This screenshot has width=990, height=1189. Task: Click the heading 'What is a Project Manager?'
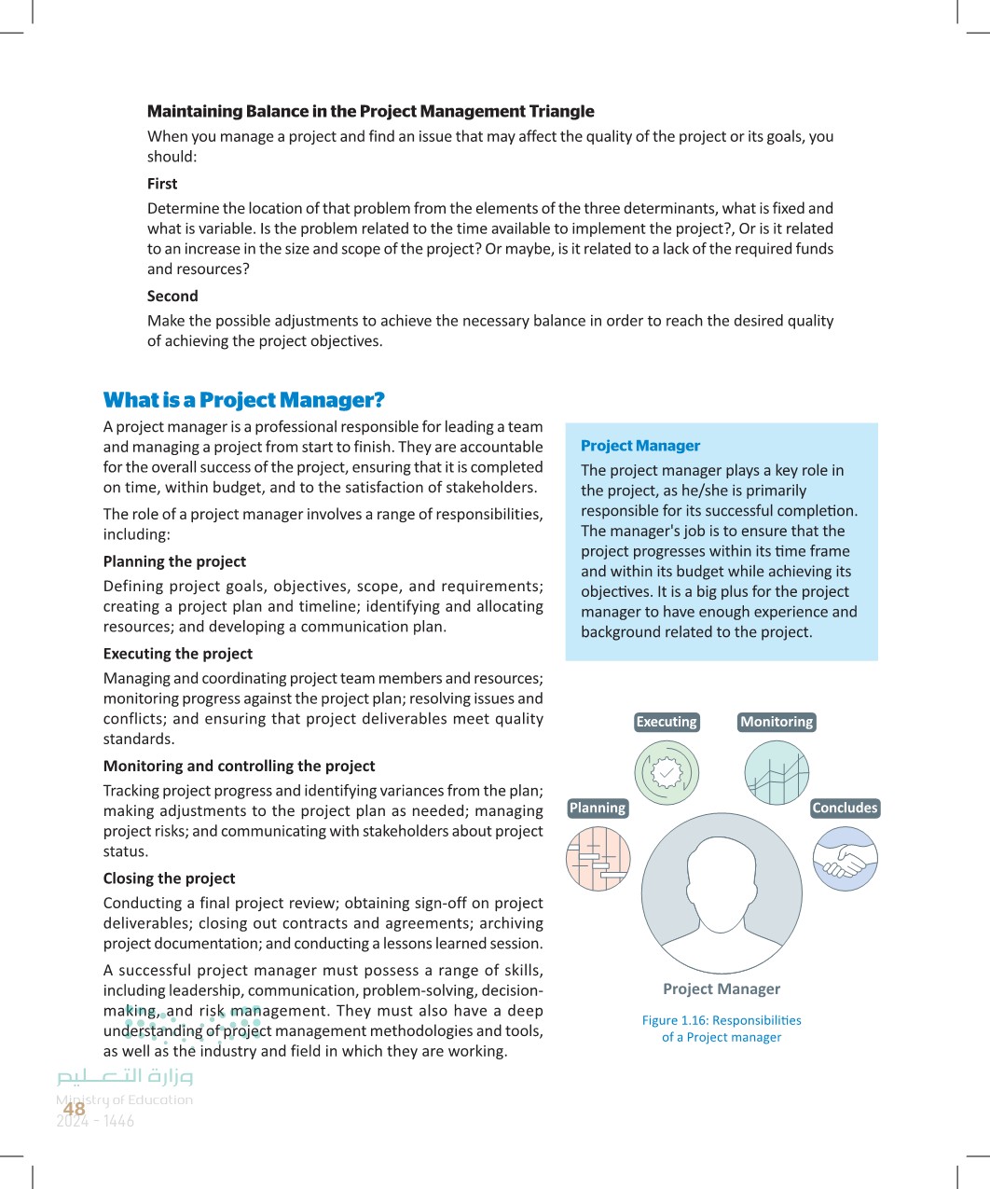click(243, 400)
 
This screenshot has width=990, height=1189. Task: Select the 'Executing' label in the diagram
click(667, 722)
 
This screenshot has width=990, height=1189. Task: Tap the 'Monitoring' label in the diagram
click(777, 722)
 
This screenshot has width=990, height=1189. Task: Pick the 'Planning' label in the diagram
click(598, 808)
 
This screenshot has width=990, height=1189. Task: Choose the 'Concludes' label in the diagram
click(845, 808)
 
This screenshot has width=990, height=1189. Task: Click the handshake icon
click(846, 859)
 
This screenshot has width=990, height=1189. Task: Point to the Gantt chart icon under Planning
click(598, 859)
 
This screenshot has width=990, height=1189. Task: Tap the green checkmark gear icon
click(667, 772)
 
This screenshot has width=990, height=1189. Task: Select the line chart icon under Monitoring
click(777, 772)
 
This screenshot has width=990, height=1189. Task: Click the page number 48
click(75, 1109)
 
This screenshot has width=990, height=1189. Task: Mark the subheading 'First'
click(162, 184)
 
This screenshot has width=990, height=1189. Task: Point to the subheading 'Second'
click(172, 296)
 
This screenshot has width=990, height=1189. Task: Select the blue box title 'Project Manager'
click(640, 446)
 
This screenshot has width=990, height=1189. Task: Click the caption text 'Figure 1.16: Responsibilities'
click(722, 1020)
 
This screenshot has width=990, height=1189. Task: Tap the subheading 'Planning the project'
click(174, 561)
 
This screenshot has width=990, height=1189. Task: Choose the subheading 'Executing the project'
click(178, 654)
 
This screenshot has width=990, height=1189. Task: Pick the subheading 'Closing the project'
click(169, 878)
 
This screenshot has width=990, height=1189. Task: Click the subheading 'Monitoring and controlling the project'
click(239, 766)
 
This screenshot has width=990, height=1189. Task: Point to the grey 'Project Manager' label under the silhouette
click(722, 989)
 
